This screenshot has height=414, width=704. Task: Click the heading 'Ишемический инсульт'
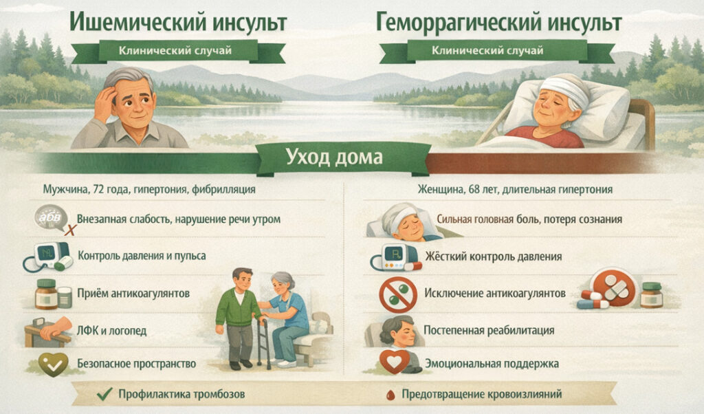click(x=178, y=22)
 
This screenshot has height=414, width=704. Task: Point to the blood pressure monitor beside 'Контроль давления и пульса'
click(x=48, y=255)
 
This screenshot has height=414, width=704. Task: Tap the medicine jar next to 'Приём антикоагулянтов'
click(x=47, y=294)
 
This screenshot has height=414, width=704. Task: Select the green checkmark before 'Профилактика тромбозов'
click(x=104, y=395)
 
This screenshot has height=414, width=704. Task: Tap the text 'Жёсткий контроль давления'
click(x=493, y=257)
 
